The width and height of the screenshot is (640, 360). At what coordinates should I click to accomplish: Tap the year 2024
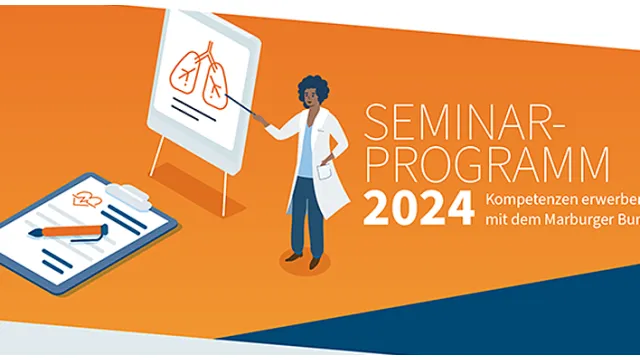coord(418,208)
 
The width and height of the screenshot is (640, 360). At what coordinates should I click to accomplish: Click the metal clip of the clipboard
coord(124,191)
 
